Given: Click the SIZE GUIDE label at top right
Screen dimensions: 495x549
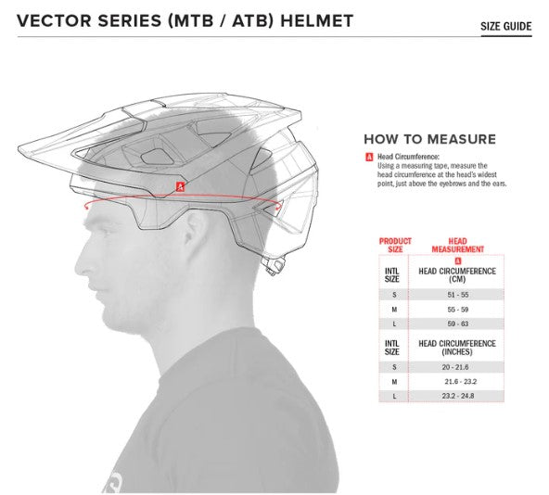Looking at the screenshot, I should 505,26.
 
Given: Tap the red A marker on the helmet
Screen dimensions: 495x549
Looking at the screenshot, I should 181,186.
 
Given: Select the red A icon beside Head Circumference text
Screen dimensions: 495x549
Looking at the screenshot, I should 369,158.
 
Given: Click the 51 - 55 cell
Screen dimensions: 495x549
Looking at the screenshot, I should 457,293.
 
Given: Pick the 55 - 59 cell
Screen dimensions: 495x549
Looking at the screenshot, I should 457,310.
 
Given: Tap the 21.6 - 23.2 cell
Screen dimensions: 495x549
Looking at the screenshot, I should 457,381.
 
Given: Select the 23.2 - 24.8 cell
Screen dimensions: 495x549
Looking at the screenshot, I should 457,397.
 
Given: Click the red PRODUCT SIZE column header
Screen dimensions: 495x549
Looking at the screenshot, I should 395,245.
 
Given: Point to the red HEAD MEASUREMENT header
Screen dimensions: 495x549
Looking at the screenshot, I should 457,245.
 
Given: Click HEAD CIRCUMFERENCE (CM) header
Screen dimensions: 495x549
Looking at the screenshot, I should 457,275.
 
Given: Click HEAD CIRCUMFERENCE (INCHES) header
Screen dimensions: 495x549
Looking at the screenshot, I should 457,348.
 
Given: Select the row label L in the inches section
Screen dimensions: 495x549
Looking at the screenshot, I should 395,397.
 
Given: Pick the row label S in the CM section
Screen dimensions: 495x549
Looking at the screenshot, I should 395,293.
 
